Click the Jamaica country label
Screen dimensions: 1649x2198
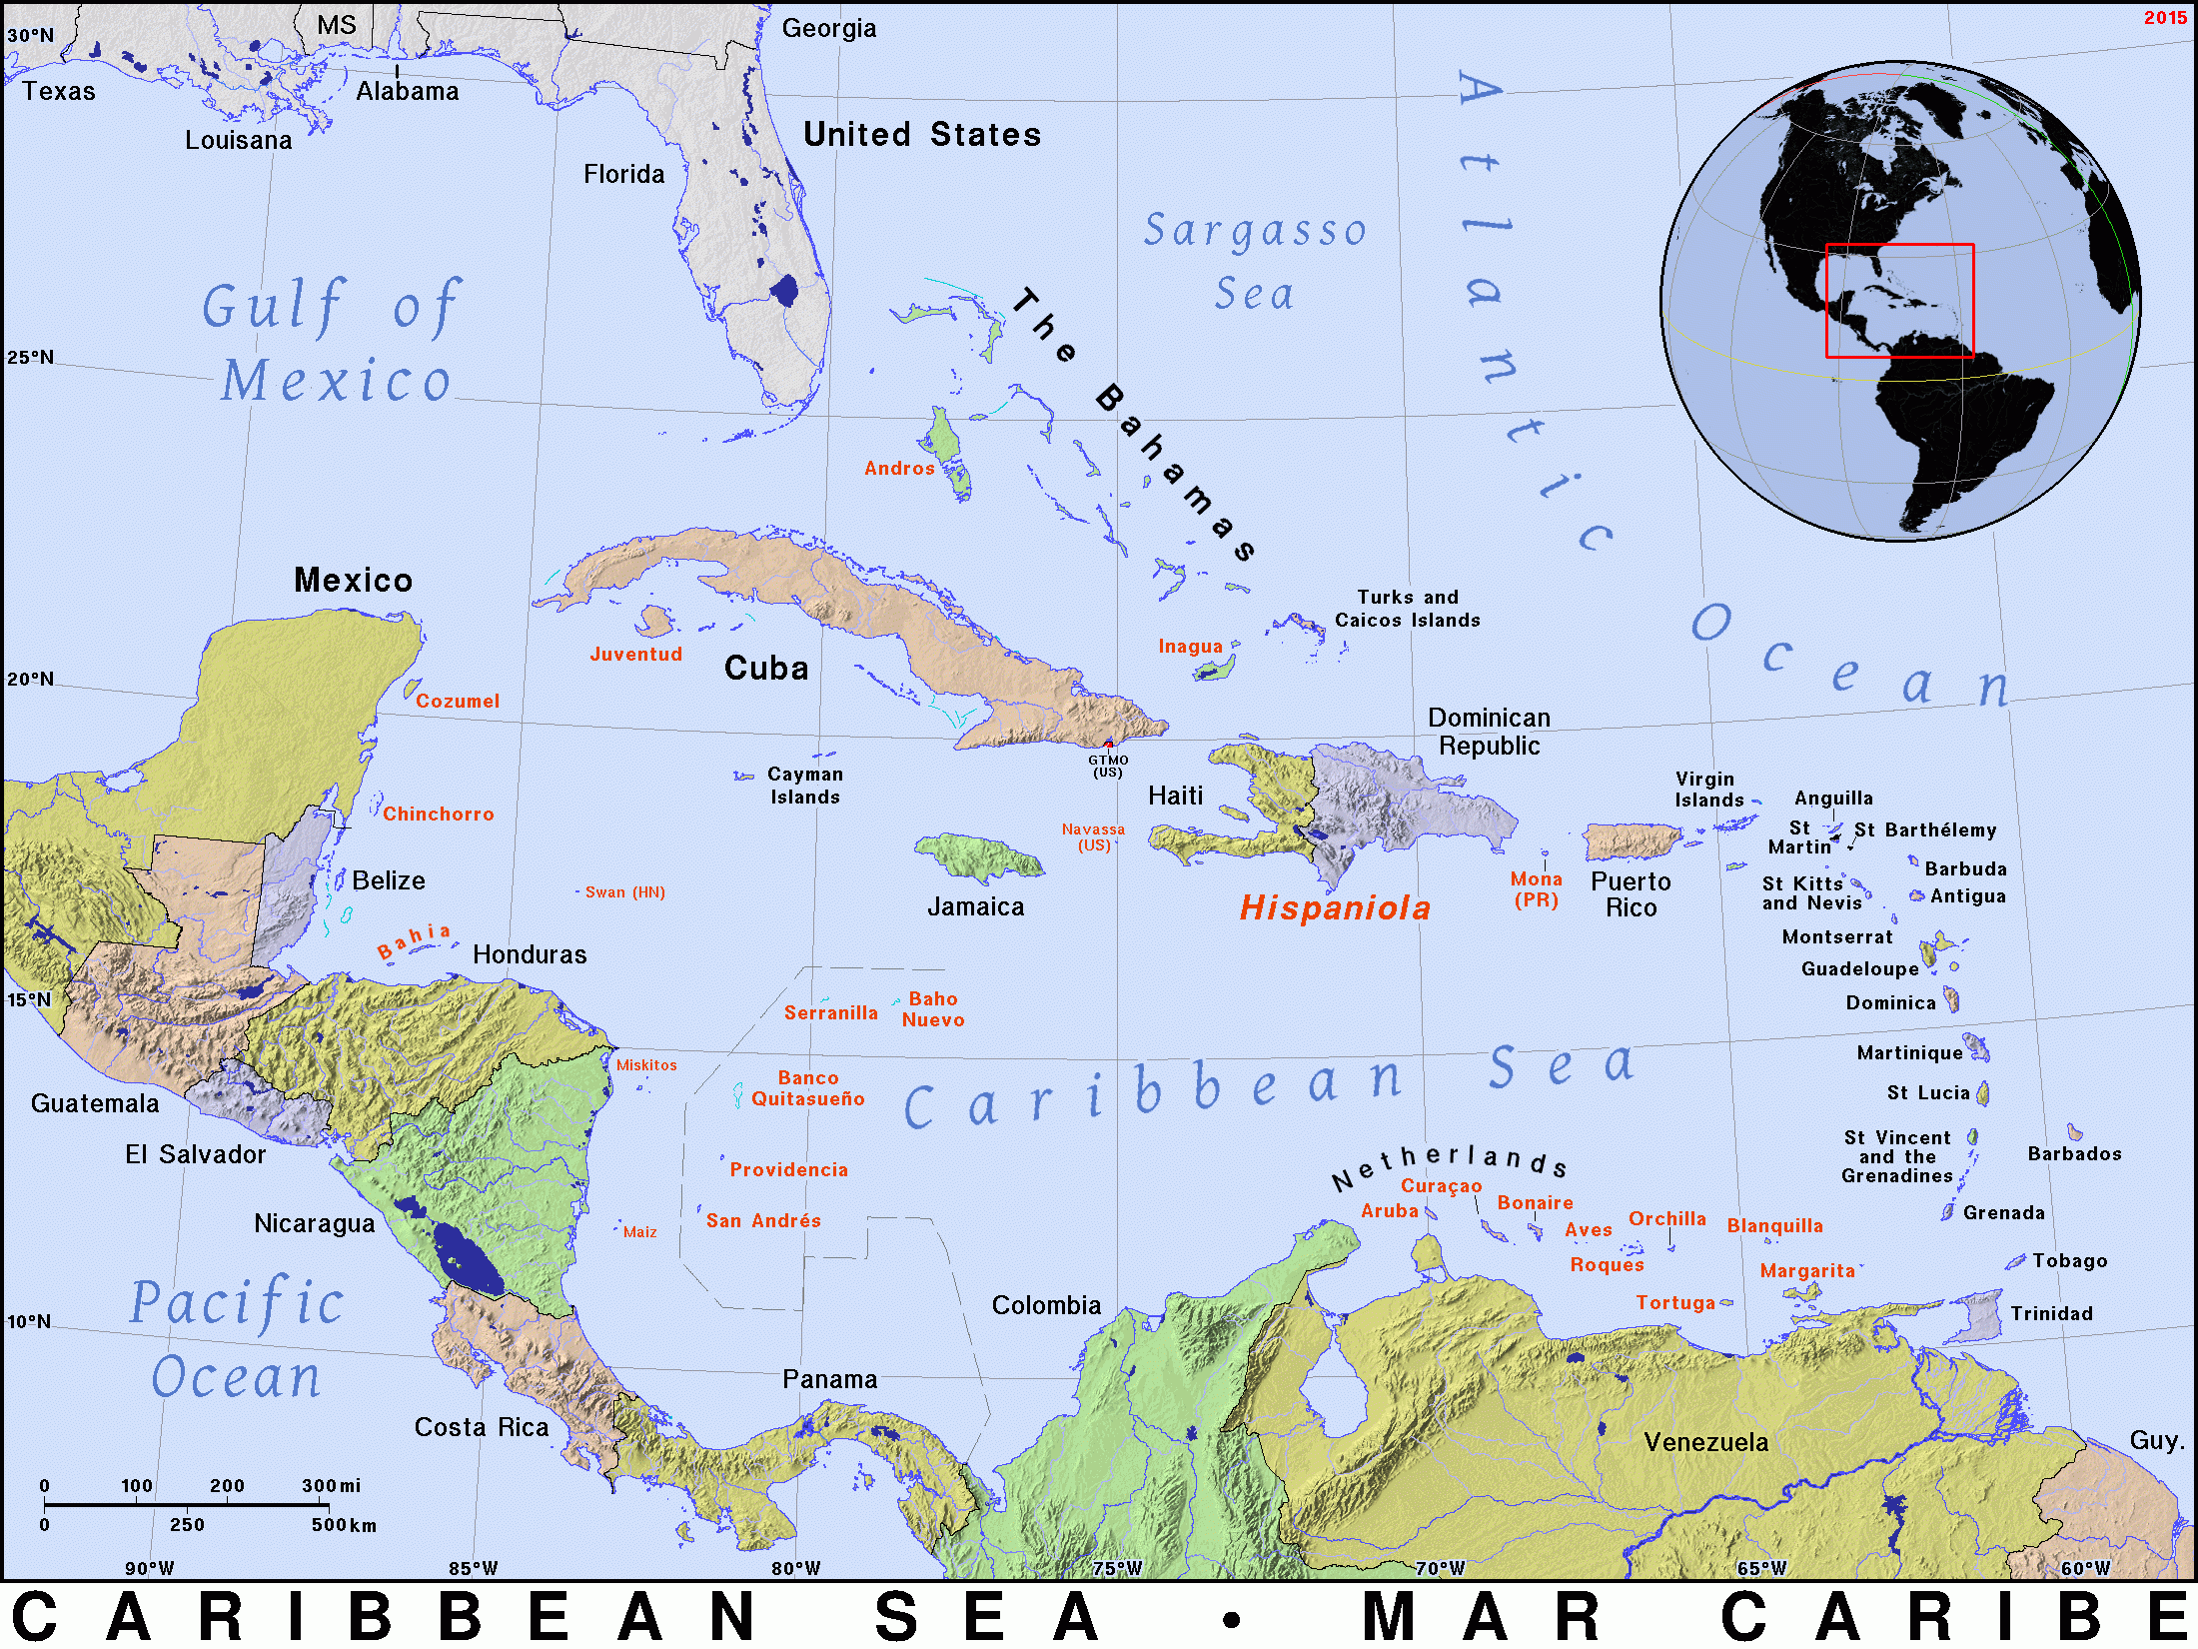(x=975, y=906)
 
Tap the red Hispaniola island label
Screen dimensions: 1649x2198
(x=1335, y=907)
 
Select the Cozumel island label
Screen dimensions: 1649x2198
(x=457, y=701)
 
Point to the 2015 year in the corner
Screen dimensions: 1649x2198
(x=2164, y=17)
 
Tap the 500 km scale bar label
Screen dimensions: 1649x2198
(x=344, y=1525)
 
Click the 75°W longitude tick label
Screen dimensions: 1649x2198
(x=1117, y=1567)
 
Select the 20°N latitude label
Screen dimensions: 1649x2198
(x=31, y=679)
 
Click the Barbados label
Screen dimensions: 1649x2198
(x=2074, y=1153)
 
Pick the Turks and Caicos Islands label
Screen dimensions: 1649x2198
(x=1407, y=609)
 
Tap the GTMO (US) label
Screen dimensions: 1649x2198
(x=1107, y=766)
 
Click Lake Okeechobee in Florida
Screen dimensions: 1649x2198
(x=784, y=291)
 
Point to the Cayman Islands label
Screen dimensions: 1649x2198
(x=804, y=786)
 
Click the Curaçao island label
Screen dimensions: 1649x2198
(x=1441, y=1185)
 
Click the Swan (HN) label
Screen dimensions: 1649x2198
(x=624, y=892)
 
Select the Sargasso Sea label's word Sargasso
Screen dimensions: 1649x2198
(x=1255, y=231)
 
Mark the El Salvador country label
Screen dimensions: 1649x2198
(x=195, y=1154)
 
